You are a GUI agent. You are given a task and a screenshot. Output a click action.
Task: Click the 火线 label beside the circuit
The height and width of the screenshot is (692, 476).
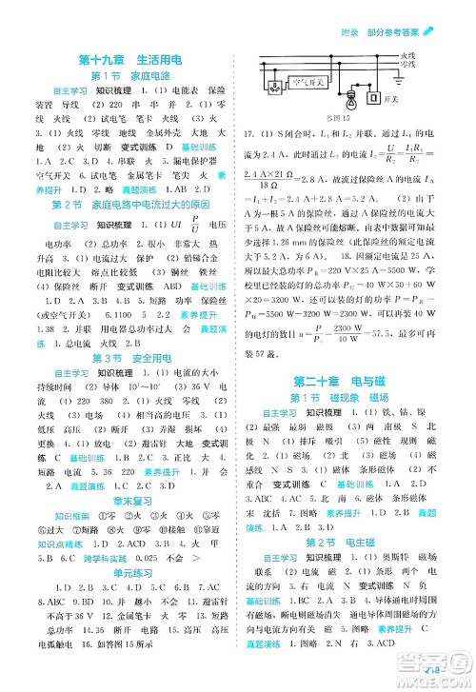coord(407,57)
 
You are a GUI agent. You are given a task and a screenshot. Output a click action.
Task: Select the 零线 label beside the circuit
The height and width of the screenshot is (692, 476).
coord(407,67)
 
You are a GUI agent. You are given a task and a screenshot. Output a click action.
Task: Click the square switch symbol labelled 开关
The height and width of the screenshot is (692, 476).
coord(372,98)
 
